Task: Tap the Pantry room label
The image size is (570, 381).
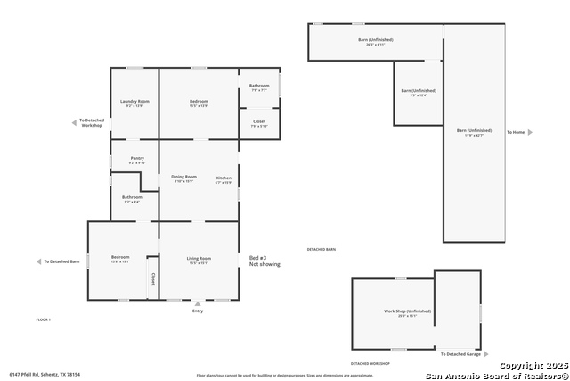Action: (137, 159)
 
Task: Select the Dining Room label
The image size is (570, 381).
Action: (184, 178)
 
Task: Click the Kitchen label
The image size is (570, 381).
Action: (224, 178)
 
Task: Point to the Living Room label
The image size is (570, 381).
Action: (198, 259)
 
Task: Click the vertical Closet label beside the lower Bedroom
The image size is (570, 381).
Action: (152, 278)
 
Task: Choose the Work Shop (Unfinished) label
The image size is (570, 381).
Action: (407, 312)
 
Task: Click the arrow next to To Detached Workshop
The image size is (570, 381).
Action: (75, 122)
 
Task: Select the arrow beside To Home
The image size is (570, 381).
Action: (530, 132)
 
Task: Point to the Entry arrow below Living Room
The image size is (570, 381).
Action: (198, 304)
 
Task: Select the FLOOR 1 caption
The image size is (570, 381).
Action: (43, 319)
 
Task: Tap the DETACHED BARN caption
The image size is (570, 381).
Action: (322, 249)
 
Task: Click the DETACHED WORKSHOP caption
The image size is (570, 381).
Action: (370, 364)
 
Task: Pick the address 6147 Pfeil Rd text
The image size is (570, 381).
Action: (45, 375)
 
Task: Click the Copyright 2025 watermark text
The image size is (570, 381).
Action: (532, 366)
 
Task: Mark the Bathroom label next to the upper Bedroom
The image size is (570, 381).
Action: (259, 87)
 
